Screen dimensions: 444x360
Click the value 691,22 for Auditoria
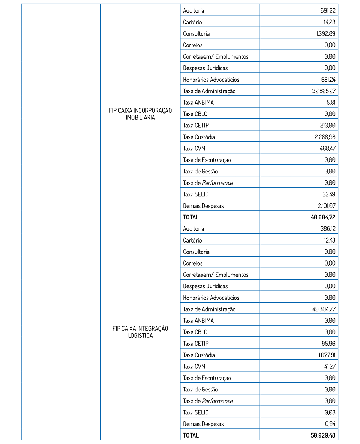pyautogui.click(x=328, y=11)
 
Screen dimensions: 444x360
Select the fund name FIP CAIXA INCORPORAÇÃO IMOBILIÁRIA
pyautogui.click(x=140, y=114)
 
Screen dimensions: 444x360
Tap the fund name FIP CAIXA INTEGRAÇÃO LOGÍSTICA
pyautogui.click(x=140, y=332)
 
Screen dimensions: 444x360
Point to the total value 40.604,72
pyautogui.click(x=323, y=217)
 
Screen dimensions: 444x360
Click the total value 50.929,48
pyautogui.click(x=323, y=435)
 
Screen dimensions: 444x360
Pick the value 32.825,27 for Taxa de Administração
pyautogui.click(x=324, y=91)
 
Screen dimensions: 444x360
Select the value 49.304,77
pyautogui.click(x=324, y=309)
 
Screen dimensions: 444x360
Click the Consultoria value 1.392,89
pyautogui.click(x=325, y=34)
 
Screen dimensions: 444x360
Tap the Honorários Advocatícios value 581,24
pyautogui.click(x=328, y=80)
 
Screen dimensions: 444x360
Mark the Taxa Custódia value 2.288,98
pyautogui.click(x=325, y=137)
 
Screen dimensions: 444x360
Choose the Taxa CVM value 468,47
pyautogui.click(x=328, y=148)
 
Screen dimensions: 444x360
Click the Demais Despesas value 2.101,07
pyautogui.click(x=326, y=206)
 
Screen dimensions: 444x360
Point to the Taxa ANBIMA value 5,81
pyautogui.click(x=331, y=103)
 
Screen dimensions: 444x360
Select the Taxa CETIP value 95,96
pyautogui.click(x=328, y=344)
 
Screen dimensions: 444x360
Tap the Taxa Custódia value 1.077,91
pyautogui.click(x=327, y=355)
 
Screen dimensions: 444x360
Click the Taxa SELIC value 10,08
pyautogui.click(x=329, y=412)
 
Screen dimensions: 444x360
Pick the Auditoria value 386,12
pyautogui.click(x=328, y=229)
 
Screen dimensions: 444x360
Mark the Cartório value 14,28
pyautogui.click(x=329, y=22)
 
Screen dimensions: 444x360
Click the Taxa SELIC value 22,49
pyautogui.click(x=329, y=194)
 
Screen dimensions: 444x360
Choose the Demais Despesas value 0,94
pyautogui.click(x=330, y=424)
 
